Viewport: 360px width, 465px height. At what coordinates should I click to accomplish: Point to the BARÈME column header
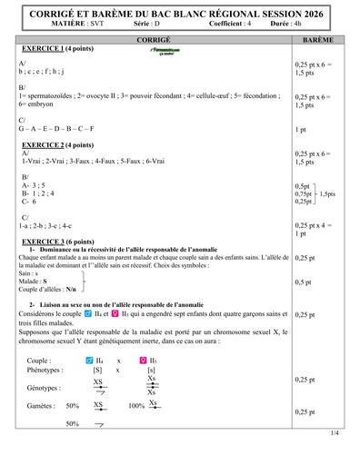pos(318,41)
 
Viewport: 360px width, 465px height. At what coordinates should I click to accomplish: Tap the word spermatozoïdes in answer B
pos(54,95)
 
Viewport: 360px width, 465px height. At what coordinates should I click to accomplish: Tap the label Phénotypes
pos(48,371)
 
